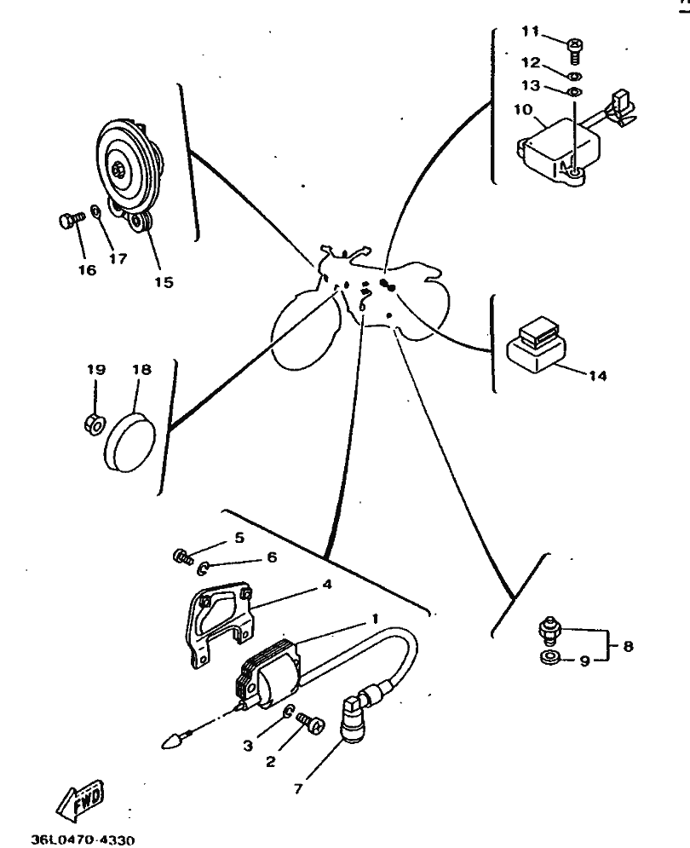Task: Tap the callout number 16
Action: pos(87,270)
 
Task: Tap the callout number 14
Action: pos(597,375)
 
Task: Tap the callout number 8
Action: pos(629,646)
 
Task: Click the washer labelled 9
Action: pos(550,659)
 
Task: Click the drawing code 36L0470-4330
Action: pos(83,839)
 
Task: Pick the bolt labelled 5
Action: pos(183,557)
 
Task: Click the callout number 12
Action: pos(531,63)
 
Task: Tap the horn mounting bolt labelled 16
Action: pos(72,220)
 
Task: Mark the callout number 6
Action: pos(272,557)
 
